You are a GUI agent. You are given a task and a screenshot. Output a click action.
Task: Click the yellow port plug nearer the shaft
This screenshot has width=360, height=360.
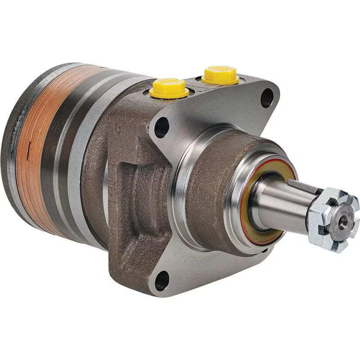tap(220, 75)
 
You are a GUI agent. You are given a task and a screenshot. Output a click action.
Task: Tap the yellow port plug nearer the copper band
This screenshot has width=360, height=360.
tap(169, 88)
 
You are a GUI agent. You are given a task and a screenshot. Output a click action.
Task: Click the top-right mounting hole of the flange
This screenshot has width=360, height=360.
tap(267, 98)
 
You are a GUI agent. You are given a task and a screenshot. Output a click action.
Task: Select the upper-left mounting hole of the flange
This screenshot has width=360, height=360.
tap(161, 128)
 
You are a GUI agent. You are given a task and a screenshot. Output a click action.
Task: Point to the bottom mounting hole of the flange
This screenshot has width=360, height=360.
tap(161, 281)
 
